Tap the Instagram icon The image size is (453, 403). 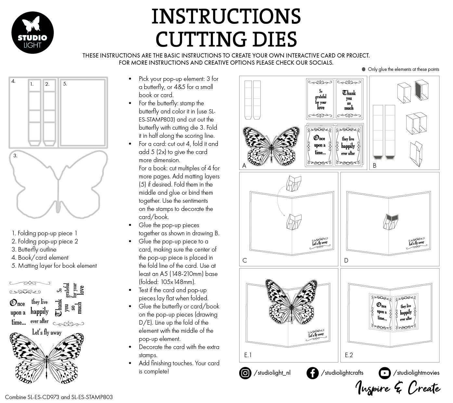pos(245,373)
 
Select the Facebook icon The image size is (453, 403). pos(312,373)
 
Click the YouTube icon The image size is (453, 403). pos(385,373)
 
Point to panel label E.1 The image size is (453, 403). pos(248,355)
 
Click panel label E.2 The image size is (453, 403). pos(349,355)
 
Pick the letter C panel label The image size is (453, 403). pos(245,260)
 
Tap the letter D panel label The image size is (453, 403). pos(346,260)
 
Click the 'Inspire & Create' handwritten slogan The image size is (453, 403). pos(398,388)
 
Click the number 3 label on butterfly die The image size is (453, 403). pos(15,156)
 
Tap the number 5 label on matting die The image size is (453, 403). pos(65,84)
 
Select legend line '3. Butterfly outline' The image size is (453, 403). pos(34,249)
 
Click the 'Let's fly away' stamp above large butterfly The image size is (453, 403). pos(46,332)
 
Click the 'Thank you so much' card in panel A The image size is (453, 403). pos(349,99)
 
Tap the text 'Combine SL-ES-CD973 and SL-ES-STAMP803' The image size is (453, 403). pos(59,397)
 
